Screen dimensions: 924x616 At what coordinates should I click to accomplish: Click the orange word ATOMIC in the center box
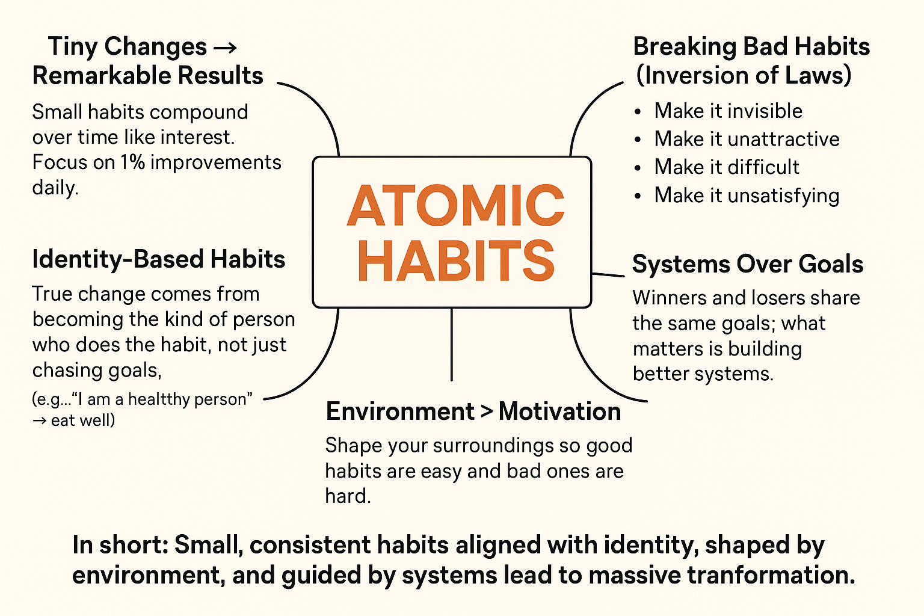click(455, 205)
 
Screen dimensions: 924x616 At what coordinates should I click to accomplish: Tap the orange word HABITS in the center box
click(456, 260)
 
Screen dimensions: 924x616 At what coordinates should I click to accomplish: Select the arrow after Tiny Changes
click(225, 48)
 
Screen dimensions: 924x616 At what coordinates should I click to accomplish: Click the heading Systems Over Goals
click(748, 263)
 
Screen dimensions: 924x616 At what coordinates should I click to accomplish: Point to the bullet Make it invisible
click(728, 111)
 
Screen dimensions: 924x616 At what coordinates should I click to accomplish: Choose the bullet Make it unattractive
click(747, 138)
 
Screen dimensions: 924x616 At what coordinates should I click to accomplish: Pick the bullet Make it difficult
click(727, 167)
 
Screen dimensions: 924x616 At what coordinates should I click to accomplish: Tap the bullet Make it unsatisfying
click(747, 195)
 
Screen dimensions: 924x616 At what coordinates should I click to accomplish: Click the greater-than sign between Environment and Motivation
click(487, 411)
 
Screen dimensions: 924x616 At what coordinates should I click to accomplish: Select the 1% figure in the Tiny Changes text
click(133, 162)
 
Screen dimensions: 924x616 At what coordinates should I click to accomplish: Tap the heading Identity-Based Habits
click(158, 259)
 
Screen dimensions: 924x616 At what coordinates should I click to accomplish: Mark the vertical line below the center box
click(452, 344)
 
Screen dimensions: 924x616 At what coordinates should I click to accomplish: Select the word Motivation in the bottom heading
click(559, 411)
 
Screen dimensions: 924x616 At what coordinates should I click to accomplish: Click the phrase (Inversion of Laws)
click(744, 75)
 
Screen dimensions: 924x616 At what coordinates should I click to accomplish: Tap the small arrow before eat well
click(40, 421)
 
